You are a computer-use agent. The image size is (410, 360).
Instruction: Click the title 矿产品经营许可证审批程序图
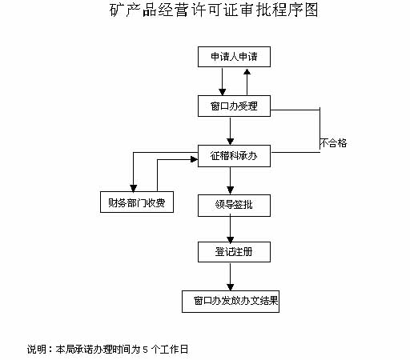(x=214, y=10)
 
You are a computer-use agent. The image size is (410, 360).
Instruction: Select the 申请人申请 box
(x=234, y=57)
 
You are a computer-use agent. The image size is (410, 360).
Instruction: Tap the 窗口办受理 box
(x=234, y=106)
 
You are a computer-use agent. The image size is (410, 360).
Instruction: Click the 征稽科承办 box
(x=234, y=156)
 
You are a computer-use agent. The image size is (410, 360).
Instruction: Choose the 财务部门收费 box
(x=137, y=202)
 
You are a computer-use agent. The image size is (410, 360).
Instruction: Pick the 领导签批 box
(x=234, y=206)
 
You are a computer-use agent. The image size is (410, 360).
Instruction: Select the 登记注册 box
(x=234, y=252)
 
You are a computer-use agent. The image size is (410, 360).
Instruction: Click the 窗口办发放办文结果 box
(x=231, y=302)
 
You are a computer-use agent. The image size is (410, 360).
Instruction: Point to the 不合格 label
(x=334, y=143)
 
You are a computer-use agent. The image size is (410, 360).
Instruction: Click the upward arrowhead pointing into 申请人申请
(x=247, y=71)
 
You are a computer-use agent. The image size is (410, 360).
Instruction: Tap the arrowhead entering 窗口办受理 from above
(x=223, y=92)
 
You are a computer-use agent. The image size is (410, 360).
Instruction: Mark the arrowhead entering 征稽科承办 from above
(x=231, y=142)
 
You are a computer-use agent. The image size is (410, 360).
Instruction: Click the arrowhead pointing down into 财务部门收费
(x=134, y=188)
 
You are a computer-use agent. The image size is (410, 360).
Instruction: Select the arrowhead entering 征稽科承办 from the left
(x=195, y=159)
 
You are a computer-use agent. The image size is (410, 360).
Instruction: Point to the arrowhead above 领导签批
(x=231, y=191)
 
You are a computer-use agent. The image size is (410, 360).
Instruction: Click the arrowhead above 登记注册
(x=231, y=238)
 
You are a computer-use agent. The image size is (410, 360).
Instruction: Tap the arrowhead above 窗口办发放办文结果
(x=231, y=287)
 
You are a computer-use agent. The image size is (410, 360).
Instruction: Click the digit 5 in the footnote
(x=146, y=350)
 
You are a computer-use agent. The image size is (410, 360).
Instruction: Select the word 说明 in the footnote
(x=37, y=350)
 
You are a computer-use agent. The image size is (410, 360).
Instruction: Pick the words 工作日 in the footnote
(x=175, y=350)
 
